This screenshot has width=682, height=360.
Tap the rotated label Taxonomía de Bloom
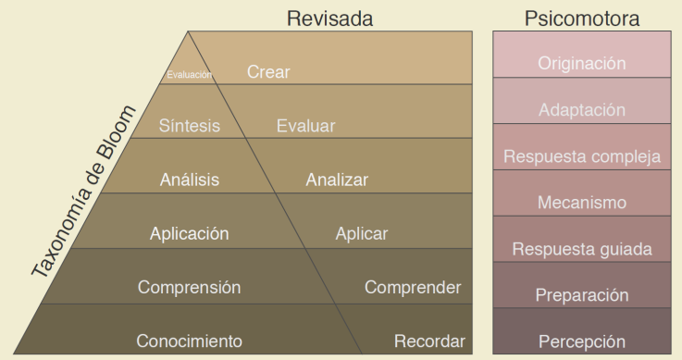pos(84,191)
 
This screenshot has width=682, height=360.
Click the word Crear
pos(267,72)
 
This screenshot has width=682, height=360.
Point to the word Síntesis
pos(189,126)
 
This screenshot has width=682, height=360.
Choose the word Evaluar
pos(305,126)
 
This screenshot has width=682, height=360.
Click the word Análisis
pos(189,180)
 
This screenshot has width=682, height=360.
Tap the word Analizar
pos(337,180)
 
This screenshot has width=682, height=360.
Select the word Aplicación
pos(189,233)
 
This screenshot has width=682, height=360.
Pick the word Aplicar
pos(361,233)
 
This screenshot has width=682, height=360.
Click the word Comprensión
pos(189,287)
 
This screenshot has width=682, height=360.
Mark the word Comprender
pos(413,287)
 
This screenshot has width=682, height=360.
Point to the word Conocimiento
pos(189,341)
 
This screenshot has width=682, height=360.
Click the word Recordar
pos(428,341)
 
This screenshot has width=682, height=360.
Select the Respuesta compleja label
pos(581,156)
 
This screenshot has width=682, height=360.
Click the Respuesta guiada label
pos(581,249)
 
